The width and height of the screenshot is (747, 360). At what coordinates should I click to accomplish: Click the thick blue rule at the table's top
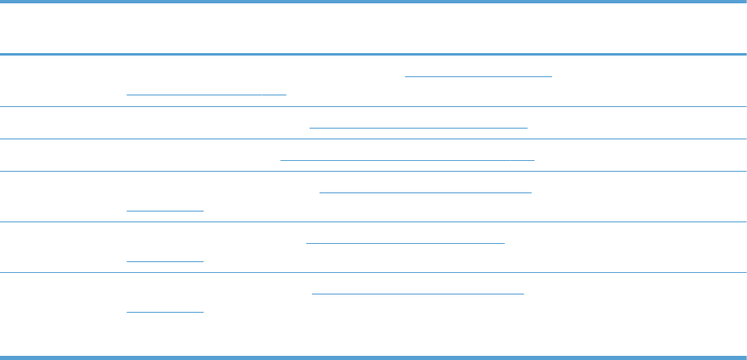(x=373, y=2)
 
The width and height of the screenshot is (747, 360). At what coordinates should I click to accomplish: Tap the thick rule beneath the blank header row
(x=373, y=55)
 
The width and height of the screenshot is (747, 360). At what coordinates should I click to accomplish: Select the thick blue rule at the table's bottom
(x=373, y=358)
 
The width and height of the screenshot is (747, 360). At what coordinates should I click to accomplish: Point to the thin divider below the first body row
(x=373, y=106)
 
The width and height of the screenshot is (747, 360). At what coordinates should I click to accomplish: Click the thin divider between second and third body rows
(x=373, y=139)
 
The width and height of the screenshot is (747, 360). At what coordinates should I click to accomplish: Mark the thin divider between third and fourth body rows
(x=373, y=172)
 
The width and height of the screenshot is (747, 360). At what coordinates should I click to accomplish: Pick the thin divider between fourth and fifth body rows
(x=373, y=221)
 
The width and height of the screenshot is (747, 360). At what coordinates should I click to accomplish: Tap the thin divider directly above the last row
(x=373, y=272)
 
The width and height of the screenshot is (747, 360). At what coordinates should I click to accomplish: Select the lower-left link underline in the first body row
(x=206, y=94)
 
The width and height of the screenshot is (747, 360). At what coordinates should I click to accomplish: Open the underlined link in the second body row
(x=418, y=127)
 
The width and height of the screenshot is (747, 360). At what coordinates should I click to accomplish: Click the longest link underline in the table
(x=408, y=158)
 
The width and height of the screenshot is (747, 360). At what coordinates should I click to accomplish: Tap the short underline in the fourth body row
(x=164, y=210)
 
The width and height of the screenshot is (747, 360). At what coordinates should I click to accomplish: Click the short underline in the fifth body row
(x=164, y=260)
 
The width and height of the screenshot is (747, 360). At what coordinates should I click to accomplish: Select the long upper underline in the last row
(x=418, y=293)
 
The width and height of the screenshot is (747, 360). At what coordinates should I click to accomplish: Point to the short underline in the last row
(x=164, y=311)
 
